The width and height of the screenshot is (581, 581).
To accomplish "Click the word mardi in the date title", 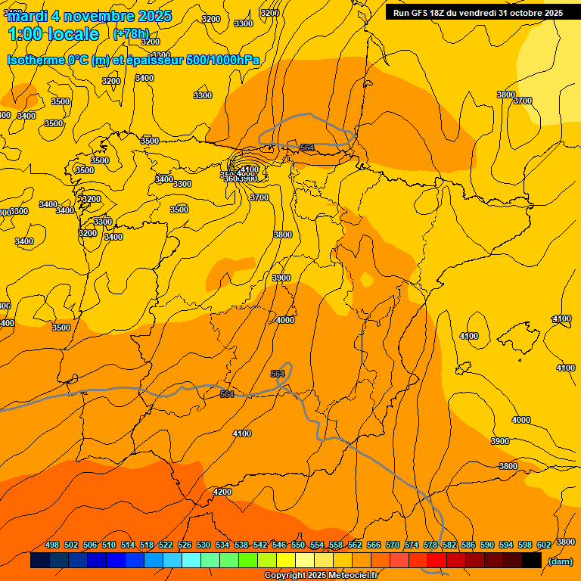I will pos(27,16).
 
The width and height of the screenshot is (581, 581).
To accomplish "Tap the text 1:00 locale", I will pos(53,34).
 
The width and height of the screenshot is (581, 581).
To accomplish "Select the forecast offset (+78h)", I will pos(131,34).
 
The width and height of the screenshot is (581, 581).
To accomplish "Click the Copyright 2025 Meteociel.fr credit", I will pos(321,576).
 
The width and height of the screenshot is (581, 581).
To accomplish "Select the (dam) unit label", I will pos(560,561).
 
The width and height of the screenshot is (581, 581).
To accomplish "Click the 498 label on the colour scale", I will pos(52,545).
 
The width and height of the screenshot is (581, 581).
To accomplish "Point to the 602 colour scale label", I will pos(544,545).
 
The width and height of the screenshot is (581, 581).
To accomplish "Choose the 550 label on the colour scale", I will pos(298,545).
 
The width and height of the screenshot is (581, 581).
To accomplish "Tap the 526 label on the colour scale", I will pos(185,545).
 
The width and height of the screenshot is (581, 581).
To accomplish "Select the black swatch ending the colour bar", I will pos(532,561).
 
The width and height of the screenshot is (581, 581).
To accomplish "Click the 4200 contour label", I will pos(222,492).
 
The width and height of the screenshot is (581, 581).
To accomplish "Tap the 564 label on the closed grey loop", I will pos(307,148).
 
